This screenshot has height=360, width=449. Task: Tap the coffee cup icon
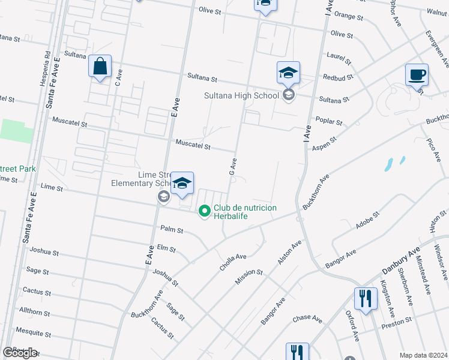tap(417, 75)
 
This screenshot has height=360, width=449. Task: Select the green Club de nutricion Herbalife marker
tap(204, 211)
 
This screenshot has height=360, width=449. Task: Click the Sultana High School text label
tap(241, 95)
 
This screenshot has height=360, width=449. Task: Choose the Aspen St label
tap(325, 142)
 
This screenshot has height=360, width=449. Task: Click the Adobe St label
tap(367, 218)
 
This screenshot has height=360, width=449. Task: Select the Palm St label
tap(172, 229)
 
